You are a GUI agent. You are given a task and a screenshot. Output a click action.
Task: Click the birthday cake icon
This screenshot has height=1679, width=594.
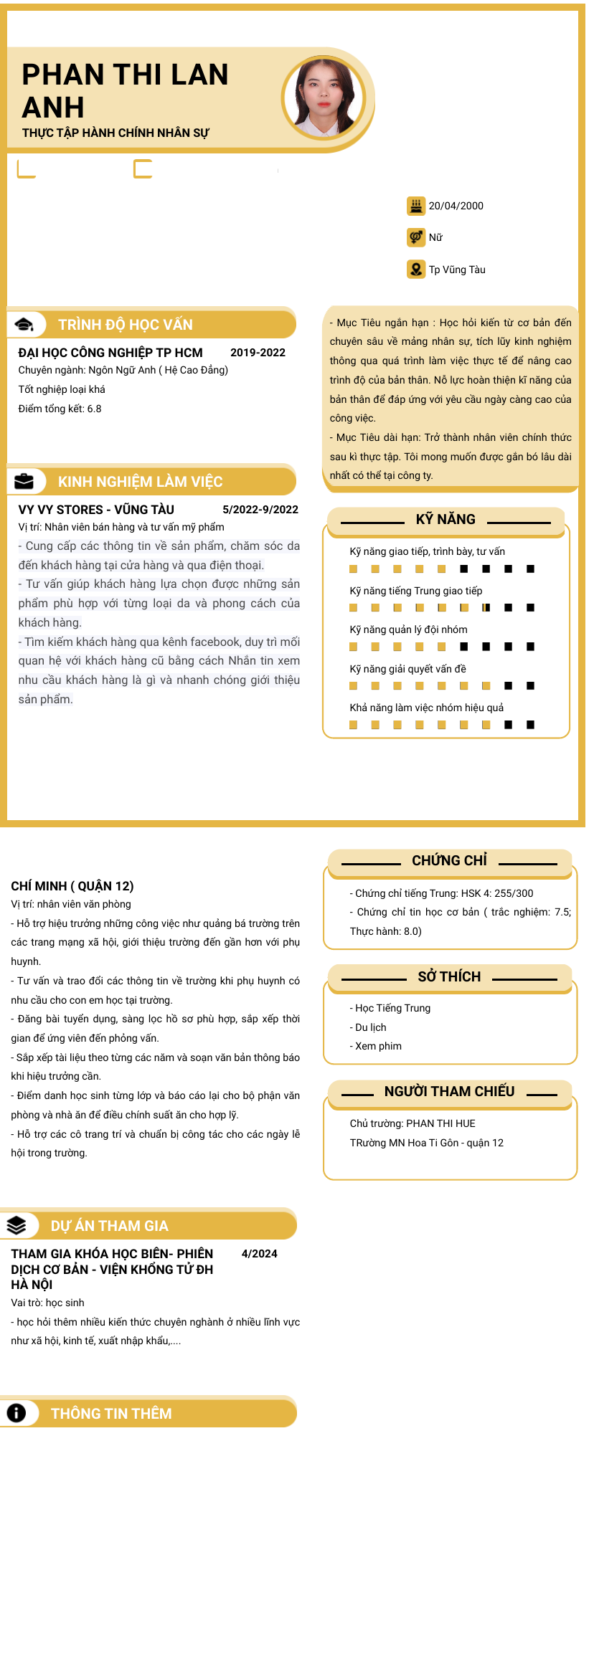415,206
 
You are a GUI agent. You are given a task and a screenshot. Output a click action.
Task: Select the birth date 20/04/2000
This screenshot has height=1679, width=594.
456,206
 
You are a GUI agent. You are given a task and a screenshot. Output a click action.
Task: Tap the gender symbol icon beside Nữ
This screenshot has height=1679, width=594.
415,237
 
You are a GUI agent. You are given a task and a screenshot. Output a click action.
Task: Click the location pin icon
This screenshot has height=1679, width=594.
415,270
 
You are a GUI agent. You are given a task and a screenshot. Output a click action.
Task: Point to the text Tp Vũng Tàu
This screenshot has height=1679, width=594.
457,270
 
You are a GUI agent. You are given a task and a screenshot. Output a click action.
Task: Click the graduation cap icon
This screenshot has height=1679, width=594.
24,324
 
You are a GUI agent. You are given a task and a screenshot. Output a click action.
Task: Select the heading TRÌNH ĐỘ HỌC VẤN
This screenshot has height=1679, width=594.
126,325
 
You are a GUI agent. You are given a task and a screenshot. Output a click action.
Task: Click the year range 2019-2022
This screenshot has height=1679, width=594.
258,353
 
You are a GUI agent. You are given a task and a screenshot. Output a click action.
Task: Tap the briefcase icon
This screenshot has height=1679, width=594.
24,481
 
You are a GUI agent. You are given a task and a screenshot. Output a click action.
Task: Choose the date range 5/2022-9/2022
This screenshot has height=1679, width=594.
260,510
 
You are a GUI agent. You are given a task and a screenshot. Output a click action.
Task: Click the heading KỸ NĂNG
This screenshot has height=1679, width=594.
445,519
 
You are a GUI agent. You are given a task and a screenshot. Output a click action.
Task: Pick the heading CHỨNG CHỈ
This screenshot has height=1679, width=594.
449,860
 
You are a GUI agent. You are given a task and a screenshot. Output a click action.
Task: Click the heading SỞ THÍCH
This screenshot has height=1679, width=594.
449,976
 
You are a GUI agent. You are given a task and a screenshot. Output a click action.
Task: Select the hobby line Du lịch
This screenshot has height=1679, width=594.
370,1027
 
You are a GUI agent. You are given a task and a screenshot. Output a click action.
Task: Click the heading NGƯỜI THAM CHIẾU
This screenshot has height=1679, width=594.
449,1091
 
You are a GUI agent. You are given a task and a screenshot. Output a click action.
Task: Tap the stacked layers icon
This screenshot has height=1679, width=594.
16,1225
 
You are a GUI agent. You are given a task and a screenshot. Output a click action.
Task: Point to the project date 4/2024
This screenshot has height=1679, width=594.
259,1254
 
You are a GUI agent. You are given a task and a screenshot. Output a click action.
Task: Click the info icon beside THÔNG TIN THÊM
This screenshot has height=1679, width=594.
16,1413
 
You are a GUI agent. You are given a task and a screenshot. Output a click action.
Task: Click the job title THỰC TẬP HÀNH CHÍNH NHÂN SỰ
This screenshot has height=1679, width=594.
115,133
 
